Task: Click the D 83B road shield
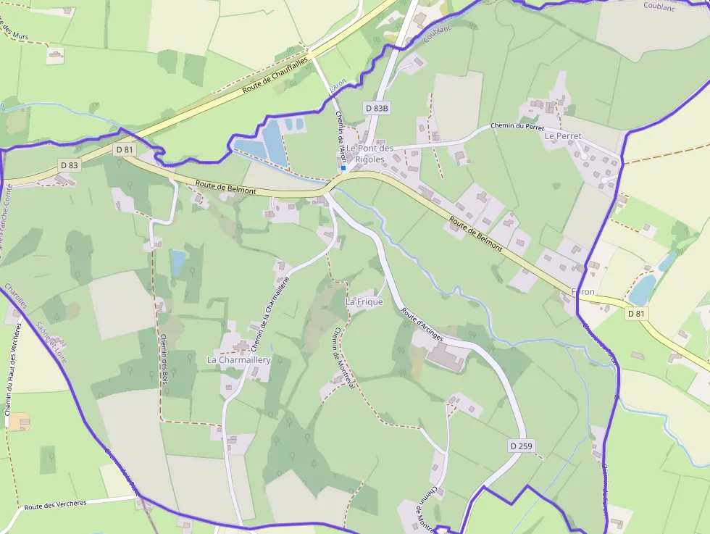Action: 377,108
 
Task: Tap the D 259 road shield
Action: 521,446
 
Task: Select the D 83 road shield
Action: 69,165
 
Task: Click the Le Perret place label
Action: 563,135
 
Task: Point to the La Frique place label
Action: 364,301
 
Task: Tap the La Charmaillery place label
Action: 238,359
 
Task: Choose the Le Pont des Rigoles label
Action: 369,154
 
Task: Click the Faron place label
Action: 583,292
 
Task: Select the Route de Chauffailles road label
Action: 276,74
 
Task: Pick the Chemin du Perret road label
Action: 517,127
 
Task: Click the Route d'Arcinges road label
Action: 422,325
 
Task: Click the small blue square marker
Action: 343,168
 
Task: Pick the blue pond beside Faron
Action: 642,290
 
